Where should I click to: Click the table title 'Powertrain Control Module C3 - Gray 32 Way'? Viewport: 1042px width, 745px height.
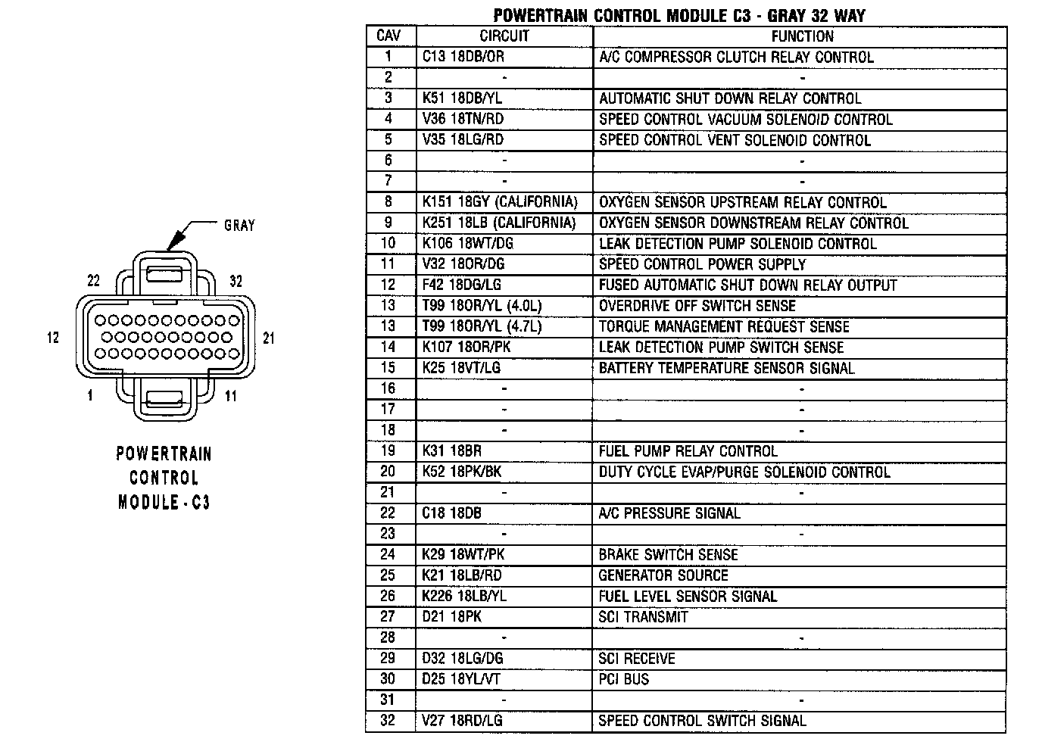(x=679, y=15)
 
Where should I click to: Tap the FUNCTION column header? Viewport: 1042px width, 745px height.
(x=801, y=36)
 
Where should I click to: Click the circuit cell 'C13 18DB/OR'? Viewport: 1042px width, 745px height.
(x=463, y=57)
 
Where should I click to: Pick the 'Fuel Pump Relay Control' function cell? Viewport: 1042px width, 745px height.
(x=688, y=451)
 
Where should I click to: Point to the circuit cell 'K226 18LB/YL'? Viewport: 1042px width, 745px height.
(x=464, y=596)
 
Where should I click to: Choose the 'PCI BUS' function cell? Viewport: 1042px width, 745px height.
(x=624, y=679)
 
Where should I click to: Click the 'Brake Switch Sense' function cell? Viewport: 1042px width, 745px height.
(x=668, y=554)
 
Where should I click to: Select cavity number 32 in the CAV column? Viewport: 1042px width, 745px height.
(x=388, y=720)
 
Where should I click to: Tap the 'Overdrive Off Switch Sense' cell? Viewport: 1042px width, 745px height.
(x=697, y=306)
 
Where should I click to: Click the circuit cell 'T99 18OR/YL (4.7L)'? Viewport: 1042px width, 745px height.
(x=482, y=326)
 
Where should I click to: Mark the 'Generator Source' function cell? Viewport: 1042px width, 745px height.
(x=663, y=575)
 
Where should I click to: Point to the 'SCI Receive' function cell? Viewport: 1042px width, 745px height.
(x=636, y=659)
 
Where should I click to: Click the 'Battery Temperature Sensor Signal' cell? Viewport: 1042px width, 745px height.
(x=726, y=368)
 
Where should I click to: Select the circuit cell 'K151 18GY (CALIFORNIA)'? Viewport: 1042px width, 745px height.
(x=500, y=202)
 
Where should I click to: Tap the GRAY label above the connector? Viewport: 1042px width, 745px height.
(x=239, y=225)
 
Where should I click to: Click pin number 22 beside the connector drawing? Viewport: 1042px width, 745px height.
(x=94, y=280)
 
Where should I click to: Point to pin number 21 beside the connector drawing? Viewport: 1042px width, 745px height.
(x=268, y=338)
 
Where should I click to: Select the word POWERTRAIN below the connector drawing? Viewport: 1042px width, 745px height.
(x=164, y=454)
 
